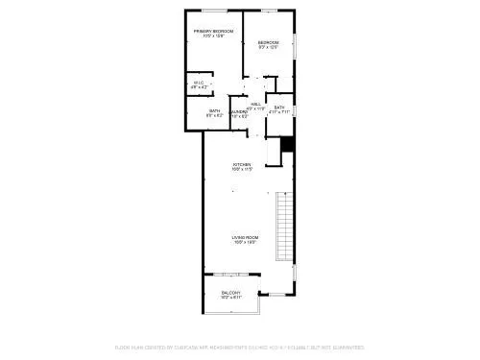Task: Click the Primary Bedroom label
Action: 213,32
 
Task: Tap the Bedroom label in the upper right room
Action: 268,42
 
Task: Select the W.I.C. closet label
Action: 199,84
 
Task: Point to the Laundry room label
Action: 239,112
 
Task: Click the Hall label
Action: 255,104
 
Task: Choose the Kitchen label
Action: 242,164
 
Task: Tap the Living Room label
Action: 245,237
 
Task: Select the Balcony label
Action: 231,293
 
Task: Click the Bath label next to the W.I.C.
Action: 215,111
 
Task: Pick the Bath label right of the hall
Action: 279,108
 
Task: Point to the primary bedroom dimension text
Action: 213,36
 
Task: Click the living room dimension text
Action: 245,242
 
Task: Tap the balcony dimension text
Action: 231,298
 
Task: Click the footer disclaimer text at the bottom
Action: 240,347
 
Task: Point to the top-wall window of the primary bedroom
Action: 212,10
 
